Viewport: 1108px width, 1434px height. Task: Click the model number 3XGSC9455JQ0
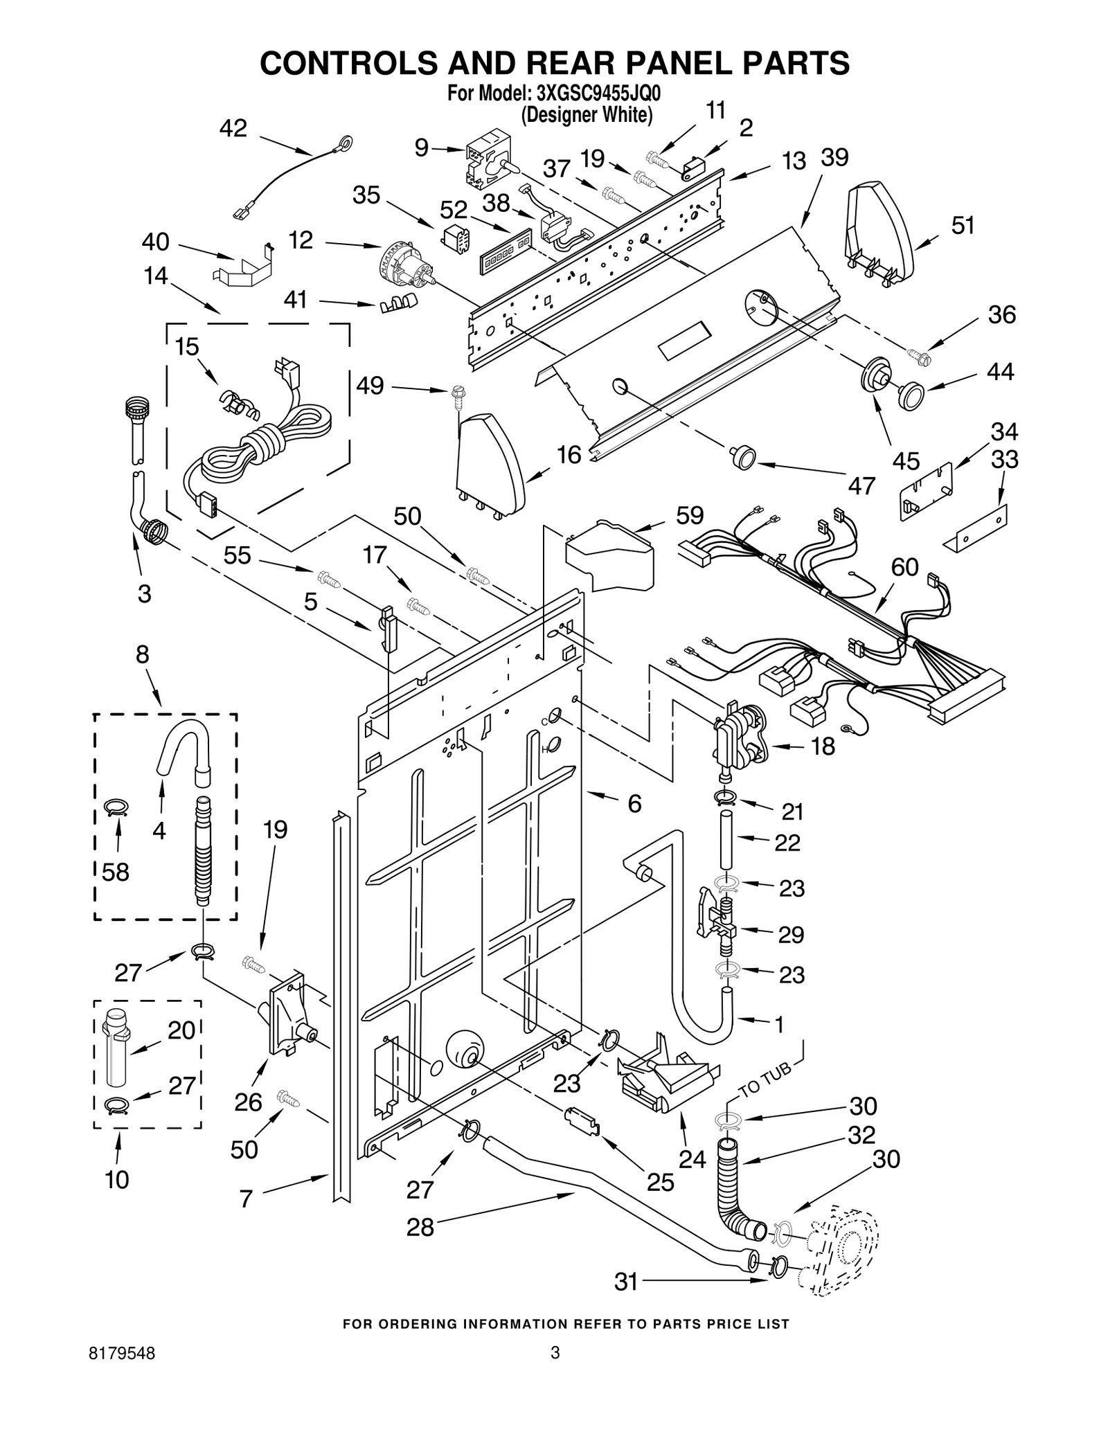pos(593,93)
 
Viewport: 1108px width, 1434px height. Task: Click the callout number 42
pos(233,128)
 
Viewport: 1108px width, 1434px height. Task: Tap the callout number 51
pos(963,225)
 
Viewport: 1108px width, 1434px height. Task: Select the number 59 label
pos(690,515)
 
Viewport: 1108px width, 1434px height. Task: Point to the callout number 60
pos(904,567)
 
